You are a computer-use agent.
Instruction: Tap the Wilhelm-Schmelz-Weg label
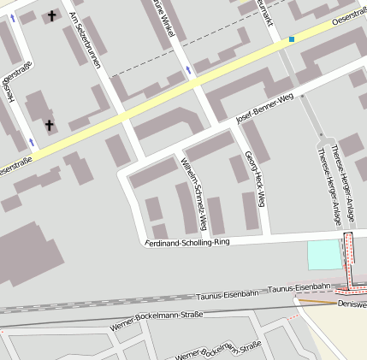[194, 194]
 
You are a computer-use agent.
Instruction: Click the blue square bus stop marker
[292, 38]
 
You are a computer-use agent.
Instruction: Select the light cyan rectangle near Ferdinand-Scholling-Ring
[323, 255]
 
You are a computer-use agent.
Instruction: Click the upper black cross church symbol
[50, 15]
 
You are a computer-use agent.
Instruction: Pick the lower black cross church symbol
[49, 126]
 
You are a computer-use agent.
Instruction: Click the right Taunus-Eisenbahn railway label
[299, 287]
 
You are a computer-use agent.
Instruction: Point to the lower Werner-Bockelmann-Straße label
[217, 351]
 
